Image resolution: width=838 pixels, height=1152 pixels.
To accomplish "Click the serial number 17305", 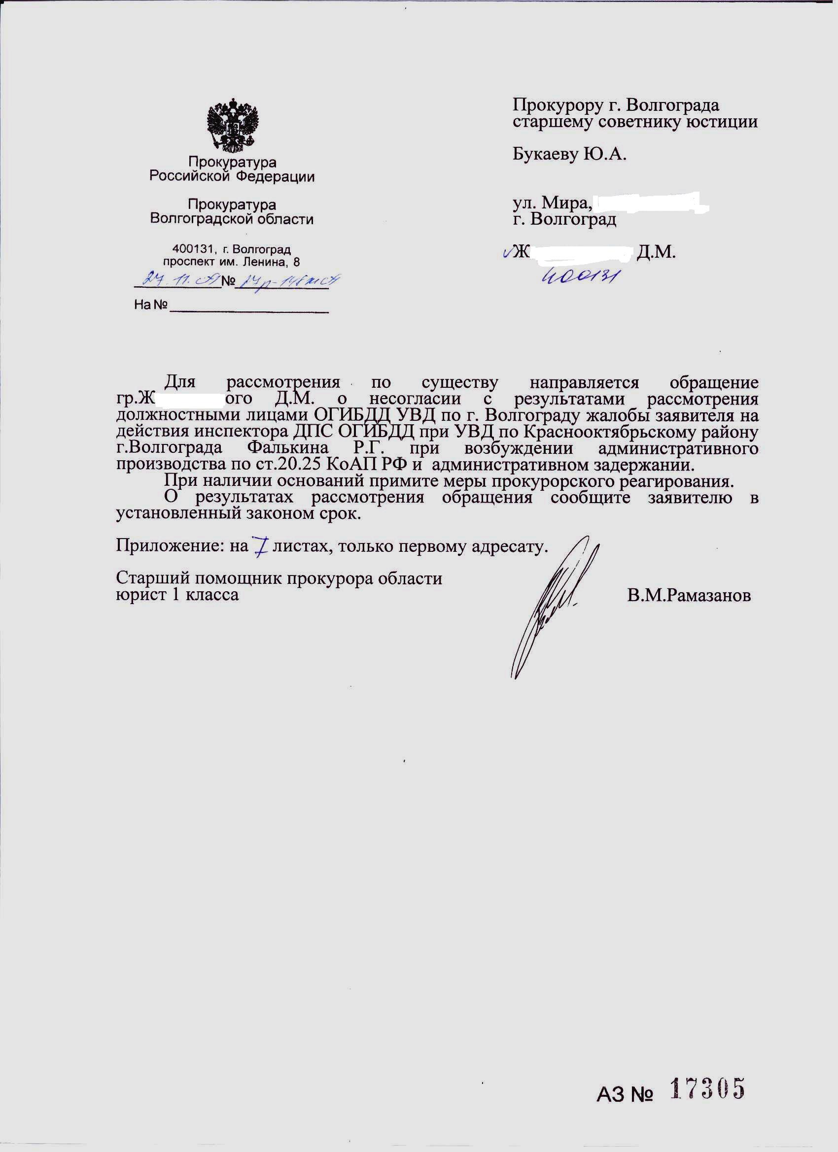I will (707, 1088).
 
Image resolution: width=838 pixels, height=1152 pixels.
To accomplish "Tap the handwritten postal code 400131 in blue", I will (581, 276).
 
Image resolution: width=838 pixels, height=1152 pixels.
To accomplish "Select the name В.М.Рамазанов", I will (689, 595).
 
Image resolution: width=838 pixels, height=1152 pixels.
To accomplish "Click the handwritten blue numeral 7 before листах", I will (261, 546).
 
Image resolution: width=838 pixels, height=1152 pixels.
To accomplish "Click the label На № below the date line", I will (150, 305).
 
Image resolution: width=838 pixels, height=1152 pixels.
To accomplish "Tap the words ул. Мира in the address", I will (552, 203).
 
